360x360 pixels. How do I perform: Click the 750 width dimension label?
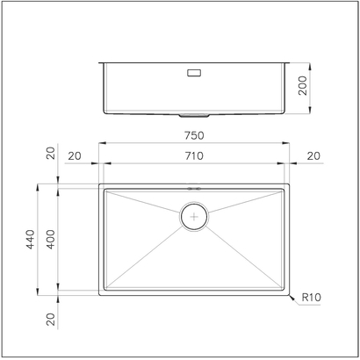tap(194, 135)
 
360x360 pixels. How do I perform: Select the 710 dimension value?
tap(194, 155)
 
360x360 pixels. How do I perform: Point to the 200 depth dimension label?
tap(303, 86)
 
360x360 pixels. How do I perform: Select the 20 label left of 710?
tap(74, 155)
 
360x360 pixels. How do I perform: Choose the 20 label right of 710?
tap(314, 155)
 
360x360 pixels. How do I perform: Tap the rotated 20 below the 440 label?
tap(50, 320)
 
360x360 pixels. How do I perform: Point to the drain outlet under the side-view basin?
tap(194, 115)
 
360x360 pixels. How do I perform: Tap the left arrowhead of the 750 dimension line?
tap(99, 143)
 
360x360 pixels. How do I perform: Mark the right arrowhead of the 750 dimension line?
tap(290, 143)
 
